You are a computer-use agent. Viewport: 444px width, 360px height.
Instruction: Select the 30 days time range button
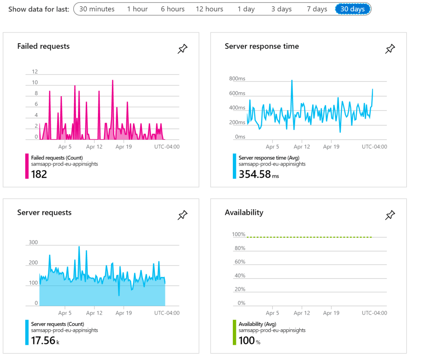point(353,9)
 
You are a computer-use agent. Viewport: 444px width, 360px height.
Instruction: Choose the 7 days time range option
point(317,9)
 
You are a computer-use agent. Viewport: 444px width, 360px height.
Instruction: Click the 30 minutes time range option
point(97,9)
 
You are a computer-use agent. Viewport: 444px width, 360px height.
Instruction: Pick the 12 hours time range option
point(209,9)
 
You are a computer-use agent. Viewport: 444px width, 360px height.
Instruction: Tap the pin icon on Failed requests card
point(183,49)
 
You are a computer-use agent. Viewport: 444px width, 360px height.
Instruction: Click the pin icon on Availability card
point(390,215)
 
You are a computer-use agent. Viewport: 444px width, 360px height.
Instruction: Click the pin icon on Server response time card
point(390,49)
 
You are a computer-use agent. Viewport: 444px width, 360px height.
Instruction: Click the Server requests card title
point(44,213)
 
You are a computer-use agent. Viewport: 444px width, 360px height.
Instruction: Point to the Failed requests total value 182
point(39,174)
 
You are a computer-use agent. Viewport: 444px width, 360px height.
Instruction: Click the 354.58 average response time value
point(255,174)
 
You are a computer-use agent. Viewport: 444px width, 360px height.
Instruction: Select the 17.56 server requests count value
point(43,341)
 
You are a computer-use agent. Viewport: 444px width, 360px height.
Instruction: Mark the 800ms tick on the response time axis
point(237,79)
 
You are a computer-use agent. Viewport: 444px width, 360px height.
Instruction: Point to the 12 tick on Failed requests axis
point(35,72)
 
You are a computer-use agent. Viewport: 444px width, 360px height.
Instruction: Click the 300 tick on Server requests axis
point(33,243)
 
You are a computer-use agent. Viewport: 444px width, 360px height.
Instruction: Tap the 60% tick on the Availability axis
point(240,262)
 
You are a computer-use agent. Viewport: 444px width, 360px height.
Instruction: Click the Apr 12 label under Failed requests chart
point(94,147)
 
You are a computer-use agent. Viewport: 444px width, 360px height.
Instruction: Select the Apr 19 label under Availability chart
point(331,313)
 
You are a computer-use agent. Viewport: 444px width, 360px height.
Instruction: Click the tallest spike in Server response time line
point(292,81)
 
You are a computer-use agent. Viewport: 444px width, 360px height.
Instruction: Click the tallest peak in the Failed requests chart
point(112,81)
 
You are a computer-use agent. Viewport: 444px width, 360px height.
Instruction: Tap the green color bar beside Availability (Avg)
point(235,333)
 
